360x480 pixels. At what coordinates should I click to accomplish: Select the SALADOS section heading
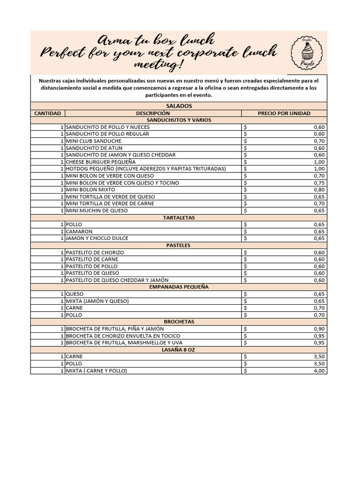coord(179,106)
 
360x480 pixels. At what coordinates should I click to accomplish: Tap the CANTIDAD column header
coord(48,113)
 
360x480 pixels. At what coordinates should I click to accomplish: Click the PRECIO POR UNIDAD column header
coord(284,113)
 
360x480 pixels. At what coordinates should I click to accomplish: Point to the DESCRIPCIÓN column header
coord(153,113)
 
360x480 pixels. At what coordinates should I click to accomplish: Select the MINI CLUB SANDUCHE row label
coord(94,141)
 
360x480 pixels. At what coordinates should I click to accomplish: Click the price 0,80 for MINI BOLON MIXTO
coord(319,190)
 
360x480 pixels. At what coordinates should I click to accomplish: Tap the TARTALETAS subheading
coord(179,217)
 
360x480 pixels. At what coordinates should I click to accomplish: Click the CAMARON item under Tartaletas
coord(79,232)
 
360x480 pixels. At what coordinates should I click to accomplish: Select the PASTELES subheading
coord(179,245)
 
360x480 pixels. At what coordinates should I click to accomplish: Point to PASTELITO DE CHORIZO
coord(95,252)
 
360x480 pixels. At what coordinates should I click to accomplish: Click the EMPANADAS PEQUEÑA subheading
coord(179,287)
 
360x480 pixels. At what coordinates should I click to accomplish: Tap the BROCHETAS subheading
coord(179,322)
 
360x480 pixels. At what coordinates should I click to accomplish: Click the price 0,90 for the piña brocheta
coord(319,329)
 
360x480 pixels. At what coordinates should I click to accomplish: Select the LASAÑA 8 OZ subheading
coord(179,349)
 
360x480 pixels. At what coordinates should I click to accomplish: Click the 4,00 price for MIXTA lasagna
coord(319,371)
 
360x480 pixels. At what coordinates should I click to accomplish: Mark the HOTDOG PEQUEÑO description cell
coord(146,169)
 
